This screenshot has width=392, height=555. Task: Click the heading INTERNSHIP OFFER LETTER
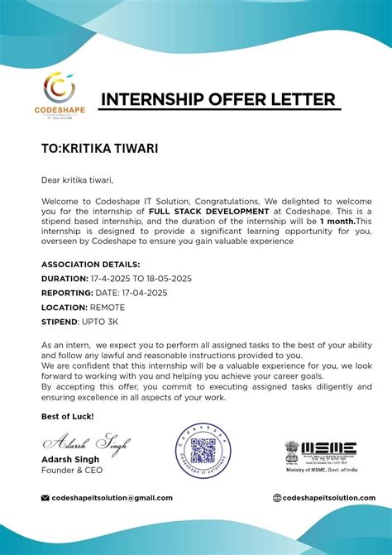pyautogui.click(x=218, y=100)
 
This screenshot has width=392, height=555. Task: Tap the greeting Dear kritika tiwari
pyautogui.click(x=77, y=179)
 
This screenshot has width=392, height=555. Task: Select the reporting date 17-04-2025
pyautogui.click(x=145, y=293)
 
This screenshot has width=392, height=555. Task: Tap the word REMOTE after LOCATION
pyautogui.click(x=107, y=307)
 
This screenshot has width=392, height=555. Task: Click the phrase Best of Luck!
pyautogui.click(x=67, y=415)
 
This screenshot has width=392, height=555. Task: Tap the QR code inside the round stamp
pyautogui.click(x=203, y=451)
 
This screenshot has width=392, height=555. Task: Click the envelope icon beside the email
pyautogui.click(x=45, y=498)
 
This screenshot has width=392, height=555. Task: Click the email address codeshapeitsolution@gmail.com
pyautogui.click(x=112, y=498)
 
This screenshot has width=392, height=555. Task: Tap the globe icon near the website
pyautogui.click(x=277, y=498)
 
